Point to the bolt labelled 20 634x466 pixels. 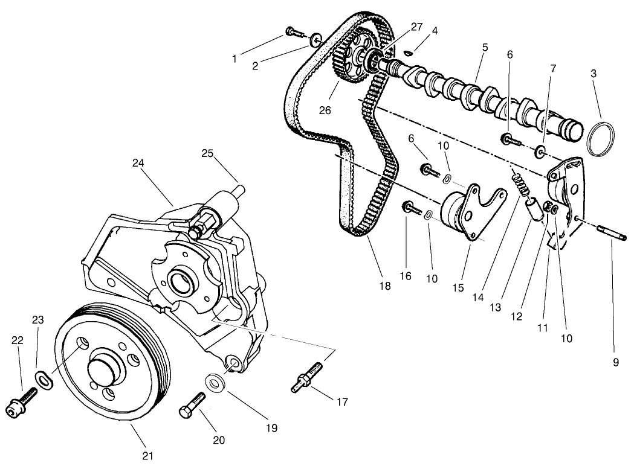click(x=190, y=405)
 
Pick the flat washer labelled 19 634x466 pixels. click(x=215, y=383)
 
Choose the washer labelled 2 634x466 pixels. click(x=314, y=40)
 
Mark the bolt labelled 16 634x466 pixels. click(x=412, y=208)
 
